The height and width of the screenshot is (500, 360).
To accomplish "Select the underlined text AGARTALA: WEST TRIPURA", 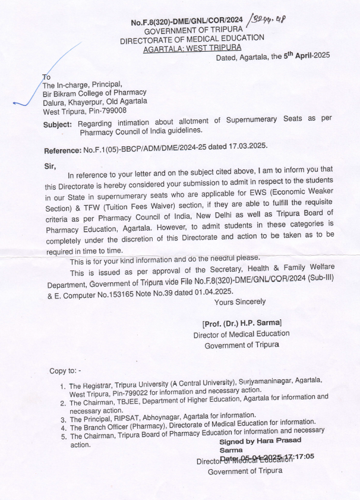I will [x=192, y=49].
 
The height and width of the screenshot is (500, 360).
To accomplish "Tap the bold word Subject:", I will [x=59, y=124].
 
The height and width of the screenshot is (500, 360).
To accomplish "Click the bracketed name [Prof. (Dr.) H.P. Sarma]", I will [x=242, y=323].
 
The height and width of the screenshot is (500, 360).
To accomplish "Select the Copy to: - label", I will [x=69, y=371].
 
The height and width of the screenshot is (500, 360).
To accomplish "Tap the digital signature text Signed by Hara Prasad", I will [x=260, y=441].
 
